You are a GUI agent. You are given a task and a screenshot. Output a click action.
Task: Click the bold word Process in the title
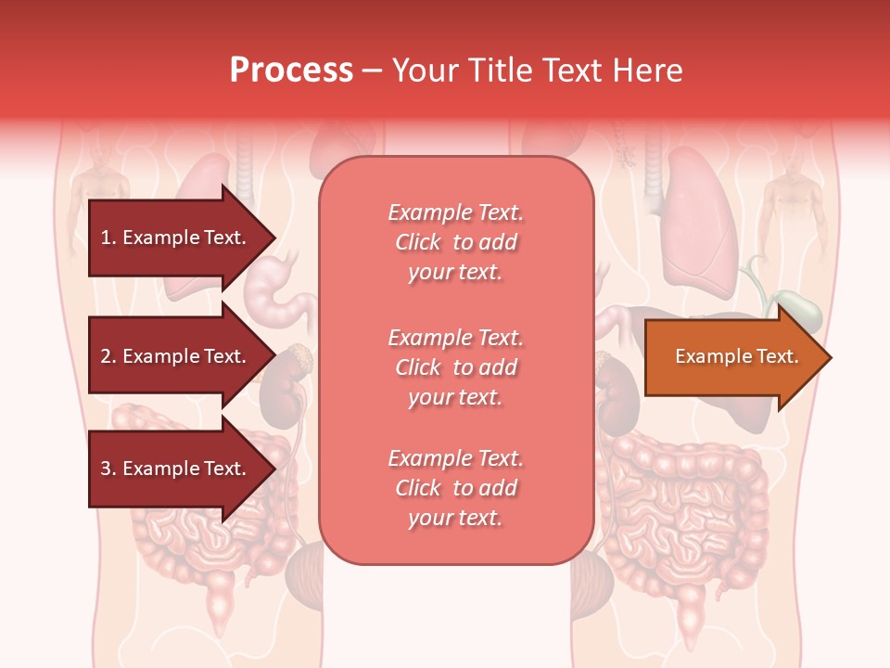tap(291, 71)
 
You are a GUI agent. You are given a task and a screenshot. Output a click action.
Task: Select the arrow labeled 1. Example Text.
tap(176, 238)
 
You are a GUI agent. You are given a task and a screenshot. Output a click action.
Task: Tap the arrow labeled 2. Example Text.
tap(176, 356)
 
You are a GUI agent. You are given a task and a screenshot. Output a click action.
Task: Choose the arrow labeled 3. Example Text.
tap(176, 469)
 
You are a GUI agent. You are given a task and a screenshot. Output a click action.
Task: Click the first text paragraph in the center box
tap(455, 242)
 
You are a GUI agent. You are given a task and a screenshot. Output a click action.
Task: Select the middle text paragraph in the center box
tap(455, 367)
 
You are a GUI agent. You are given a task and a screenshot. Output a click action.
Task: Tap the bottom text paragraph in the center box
tap(455, 488)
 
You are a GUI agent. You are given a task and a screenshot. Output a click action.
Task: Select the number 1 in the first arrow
tap(105, 238)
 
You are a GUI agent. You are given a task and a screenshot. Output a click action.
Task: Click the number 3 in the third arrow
tap(106, 469)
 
